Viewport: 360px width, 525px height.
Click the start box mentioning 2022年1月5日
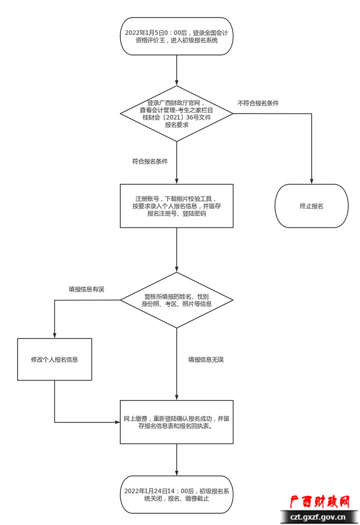click(x=176, y=36)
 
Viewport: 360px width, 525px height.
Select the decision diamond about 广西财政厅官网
click(x=176, y=114)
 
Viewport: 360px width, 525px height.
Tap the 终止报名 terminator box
click(x=312, y=206)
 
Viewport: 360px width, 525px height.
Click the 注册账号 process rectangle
click(x=176, y=206)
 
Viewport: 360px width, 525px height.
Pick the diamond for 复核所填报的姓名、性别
click(x=176, y=300)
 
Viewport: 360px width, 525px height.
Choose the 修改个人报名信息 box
click(x=55, y=359)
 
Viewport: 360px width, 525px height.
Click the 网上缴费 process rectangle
click(x=176, y=422)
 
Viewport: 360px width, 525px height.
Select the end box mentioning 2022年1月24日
click(x=176, y=494)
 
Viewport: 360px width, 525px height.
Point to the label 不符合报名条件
click(x=258, y=103)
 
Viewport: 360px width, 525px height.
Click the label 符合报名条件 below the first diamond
click(x=150, y=161)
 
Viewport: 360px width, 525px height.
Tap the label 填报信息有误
click(x=86, y=289)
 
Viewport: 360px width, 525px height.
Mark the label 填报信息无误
click(x=206, y=359)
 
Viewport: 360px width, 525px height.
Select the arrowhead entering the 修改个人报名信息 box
click(x=55, y=335)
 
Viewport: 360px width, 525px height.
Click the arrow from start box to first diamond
click(x=176, y=69)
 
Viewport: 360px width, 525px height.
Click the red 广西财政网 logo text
click(x=319, y=502)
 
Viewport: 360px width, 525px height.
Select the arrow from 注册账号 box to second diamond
click(x=176, y=249)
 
